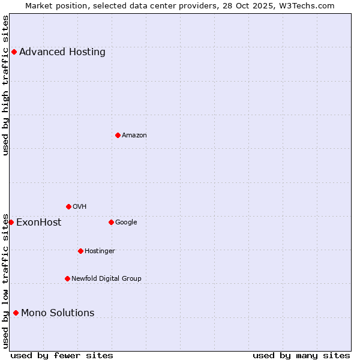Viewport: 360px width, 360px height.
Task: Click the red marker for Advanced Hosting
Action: (x=14, y=52)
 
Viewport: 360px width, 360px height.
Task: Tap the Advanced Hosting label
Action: (x=62, y=52)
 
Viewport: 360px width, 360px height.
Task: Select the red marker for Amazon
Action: (x=118, y=135)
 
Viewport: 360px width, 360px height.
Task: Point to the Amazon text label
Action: (x=134, y=136)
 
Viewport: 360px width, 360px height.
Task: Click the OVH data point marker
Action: (x=68, y=206)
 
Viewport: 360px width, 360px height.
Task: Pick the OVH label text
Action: (x=80, y=207)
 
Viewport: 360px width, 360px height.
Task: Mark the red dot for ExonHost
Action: (x=11, y=222)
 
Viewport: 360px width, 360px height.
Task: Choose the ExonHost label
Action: (x=38, y=223)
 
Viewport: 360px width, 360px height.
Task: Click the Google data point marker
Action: (x=111, y=222)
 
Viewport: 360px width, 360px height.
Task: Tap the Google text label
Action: (x=126, y=223)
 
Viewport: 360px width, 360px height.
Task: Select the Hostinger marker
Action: (x=80, y=251)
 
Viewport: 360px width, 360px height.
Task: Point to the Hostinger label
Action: (x=100, y=251)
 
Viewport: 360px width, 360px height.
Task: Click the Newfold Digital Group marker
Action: (x=67, y=278)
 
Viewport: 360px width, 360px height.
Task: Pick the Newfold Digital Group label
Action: (x=106, y=279)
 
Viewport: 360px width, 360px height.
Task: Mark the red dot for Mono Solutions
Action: (x=16, y=313)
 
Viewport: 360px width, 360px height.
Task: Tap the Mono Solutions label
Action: (x=58, y=313)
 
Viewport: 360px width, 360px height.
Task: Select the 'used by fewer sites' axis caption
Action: (x=62, y=355)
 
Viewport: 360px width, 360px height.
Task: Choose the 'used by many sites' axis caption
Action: (x=301, y=355)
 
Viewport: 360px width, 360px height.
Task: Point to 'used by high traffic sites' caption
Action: (x=5, y=85)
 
